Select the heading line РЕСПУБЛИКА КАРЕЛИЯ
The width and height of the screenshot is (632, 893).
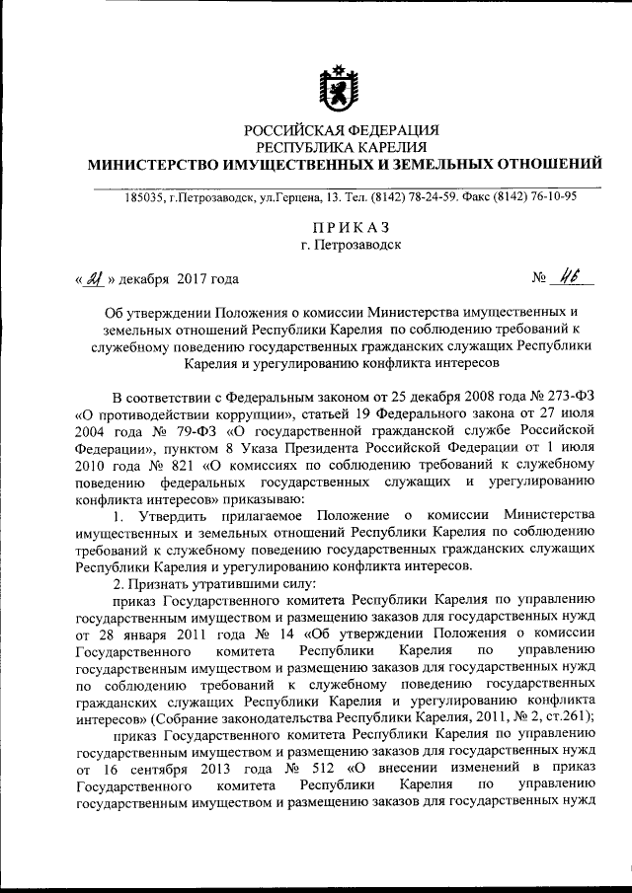(x=342, y=146)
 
